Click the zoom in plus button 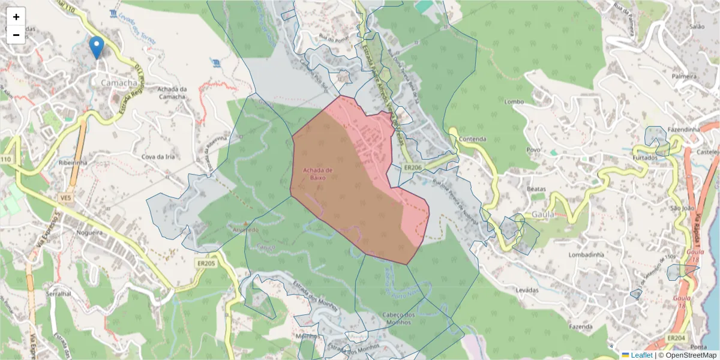click(x=16, y=17)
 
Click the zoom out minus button click(x=16, y=35)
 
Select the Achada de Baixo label click(x=317, y=173)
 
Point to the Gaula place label click(x=543, y=214)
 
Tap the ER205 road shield click(x=205, y=263)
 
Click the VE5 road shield click(x=65, y=197)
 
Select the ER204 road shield click(x=676, y=338)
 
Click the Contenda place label click(x=472, y=139)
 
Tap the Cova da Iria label click(x=158, y=157)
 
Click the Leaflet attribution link click(x=641, y=355)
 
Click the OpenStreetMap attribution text click(x=687, y=355)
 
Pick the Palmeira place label click(x=684, y=76)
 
